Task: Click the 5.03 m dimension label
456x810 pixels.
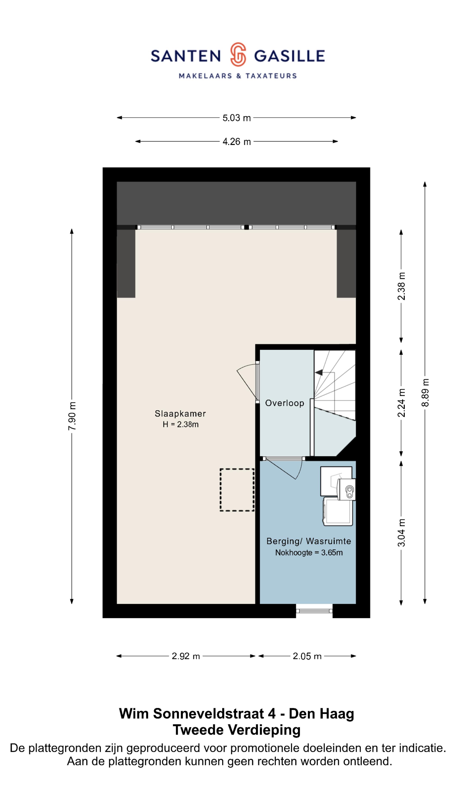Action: (236, 118)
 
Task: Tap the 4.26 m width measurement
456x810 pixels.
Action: (236, 142)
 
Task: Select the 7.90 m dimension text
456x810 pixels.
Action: (72, 416)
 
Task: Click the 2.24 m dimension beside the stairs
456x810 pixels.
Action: (401, 403)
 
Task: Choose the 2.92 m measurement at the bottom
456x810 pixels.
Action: (186, 656)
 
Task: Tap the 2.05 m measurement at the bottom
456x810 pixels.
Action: (307, 656)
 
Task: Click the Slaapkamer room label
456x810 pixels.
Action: (180, 413)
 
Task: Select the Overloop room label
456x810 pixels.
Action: (285, 403)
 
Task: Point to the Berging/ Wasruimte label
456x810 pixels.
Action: (308, 541)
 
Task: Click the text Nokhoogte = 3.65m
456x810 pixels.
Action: (309, 552)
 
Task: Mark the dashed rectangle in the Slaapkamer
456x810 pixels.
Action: (237, 490)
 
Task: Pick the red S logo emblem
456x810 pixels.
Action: (237, 55)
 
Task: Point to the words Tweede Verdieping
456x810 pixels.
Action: (237, 730)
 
